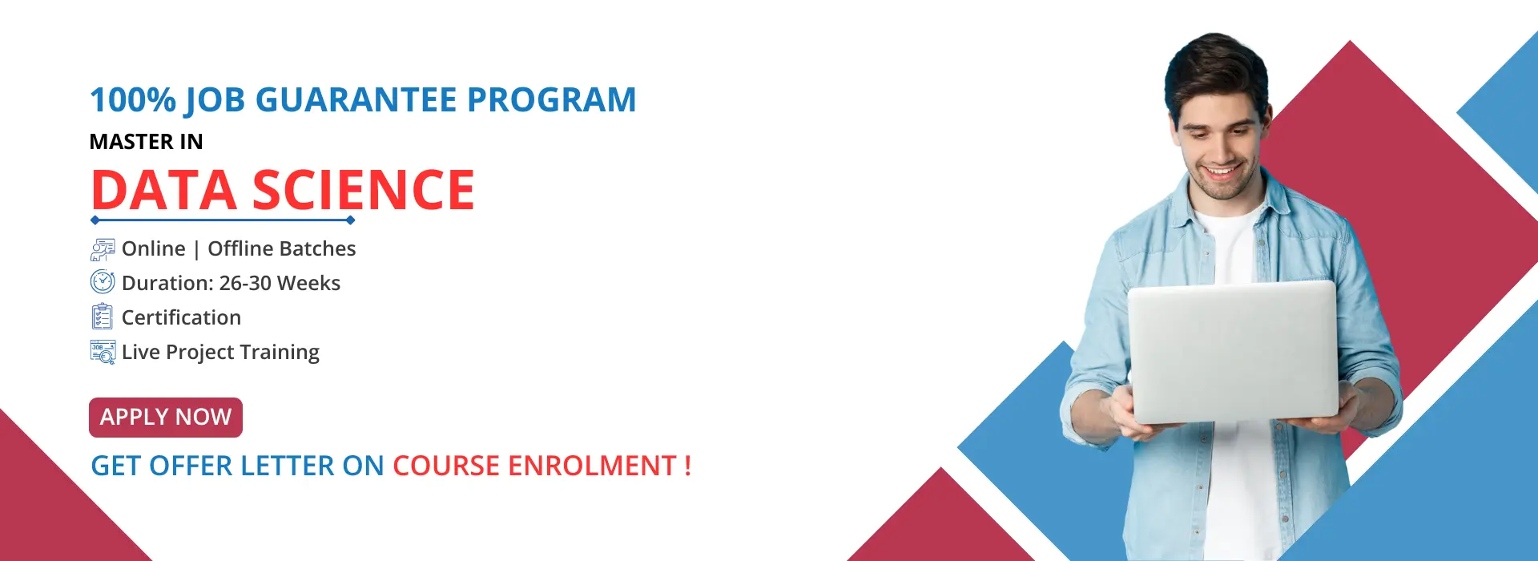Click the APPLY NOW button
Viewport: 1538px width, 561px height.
(166, 418)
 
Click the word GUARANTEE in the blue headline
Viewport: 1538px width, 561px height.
(356, 100)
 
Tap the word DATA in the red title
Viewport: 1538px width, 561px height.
(164, 191)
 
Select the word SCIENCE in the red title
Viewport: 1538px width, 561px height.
(364, 191)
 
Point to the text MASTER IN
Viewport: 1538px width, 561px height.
(147, 142)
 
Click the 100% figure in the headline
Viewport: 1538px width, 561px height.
(133, 100)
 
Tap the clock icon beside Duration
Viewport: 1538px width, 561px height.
(103, 282)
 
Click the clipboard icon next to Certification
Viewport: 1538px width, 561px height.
(102, 317)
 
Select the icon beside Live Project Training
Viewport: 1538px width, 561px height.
(103, 352)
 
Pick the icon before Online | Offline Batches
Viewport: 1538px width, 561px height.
(103, 249)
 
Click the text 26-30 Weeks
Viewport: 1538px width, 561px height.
(280, 283)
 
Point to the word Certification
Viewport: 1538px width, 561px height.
(181, 317)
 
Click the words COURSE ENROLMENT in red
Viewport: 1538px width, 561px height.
(535, 466)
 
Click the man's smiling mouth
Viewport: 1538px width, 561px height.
(1221, 171)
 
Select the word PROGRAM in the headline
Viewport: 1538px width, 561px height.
(552, 100)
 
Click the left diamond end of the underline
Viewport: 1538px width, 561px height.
(95, 220)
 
